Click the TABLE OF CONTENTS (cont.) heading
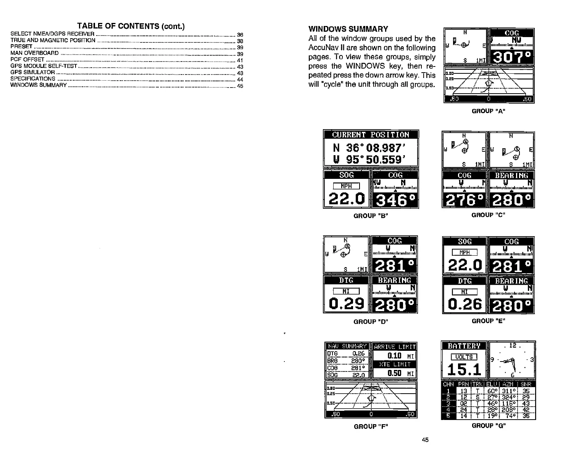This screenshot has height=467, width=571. [x=131, y=26]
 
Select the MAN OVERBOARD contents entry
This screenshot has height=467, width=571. [x=35, y=53]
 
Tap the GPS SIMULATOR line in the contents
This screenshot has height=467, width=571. [x=33, y=72]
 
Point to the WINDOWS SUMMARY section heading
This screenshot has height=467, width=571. [x=348, y=29]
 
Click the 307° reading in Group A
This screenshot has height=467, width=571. [x=511, y=58]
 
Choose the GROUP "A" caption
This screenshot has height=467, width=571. [x=489, y=111]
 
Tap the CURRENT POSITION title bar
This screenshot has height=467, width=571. [x=371, y=135]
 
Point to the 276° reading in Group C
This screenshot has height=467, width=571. [x=464, y=200]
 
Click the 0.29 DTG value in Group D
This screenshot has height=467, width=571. [x=346, y=303]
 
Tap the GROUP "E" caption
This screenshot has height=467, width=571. [x=489, y=321]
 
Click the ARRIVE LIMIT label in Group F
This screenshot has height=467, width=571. [x=395, y=347]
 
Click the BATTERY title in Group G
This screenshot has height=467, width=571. [x=464, y=346]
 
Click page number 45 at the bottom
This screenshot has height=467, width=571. [x=425, y=439]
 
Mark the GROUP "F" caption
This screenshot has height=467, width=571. [x=371, y=426]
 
